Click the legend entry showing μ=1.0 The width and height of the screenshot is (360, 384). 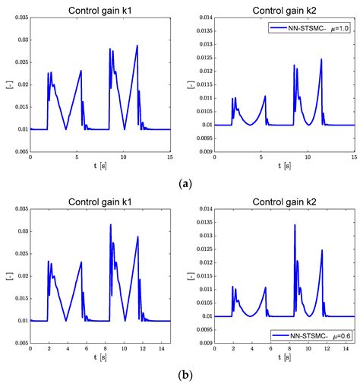tap(311, 28)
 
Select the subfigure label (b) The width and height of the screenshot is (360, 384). tap(179, 376)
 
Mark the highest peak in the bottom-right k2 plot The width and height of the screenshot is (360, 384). tap(295, 224)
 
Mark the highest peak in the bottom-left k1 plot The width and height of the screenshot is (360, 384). tap(110, 224)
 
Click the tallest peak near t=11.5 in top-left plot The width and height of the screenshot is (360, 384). tap(137, 46)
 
